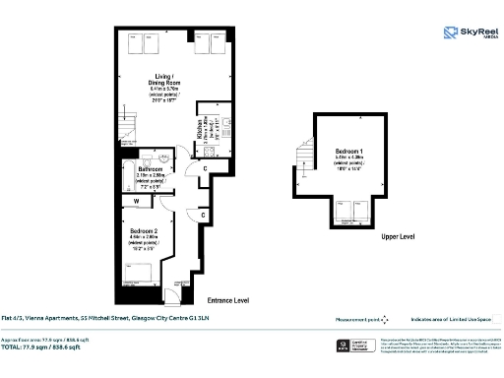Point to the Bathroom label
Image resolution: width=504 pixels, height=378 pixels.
pos(150,170)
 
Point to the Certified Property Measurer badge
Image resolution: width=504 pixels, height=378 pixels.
pos(356,346)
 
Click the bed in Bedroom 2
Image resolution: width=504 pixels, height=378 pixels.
pos(139,269)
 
